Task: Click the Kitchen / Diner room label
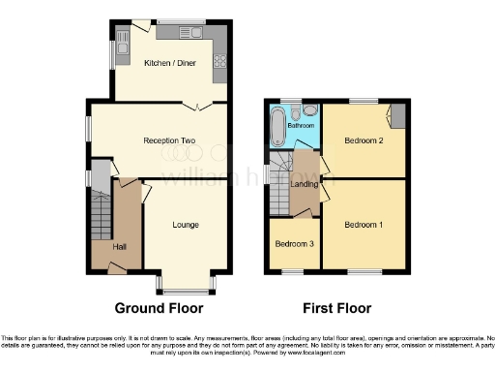pos(166,64)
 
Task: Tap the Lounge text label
pos(186,225)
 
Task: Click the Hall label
pos(119,247)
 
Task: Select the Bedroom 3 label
pos(292,244)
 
